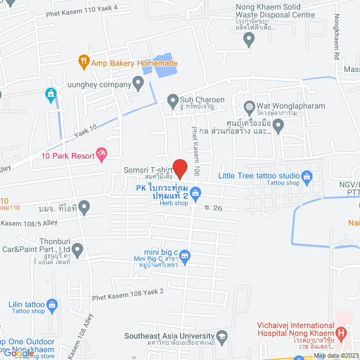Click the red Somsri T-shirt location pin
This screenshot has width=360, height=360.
tap(179, 168)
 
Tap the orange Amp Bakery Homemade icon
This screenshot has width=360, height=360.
tap(84, 60)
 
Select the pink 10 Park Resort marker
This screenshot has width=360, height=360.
tap(101, 152)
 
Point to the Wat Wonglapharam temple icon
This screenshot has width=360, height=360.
tap(249, 106)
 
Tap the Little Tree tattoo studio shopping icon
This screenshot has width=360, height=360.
tap(307, 178)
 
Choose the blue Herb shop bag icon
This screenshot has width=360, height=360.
tap(196, 195)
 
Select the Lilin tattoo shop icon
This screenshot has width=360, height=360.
tap(52, 305)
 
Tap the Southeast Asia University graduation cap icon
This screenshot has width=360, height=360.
tap(222, 337)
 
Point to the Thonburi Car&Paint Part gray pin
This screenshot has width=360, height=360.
tap(77, 248)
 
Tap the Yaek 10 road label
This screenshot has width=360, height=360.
tap(85, 131)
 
